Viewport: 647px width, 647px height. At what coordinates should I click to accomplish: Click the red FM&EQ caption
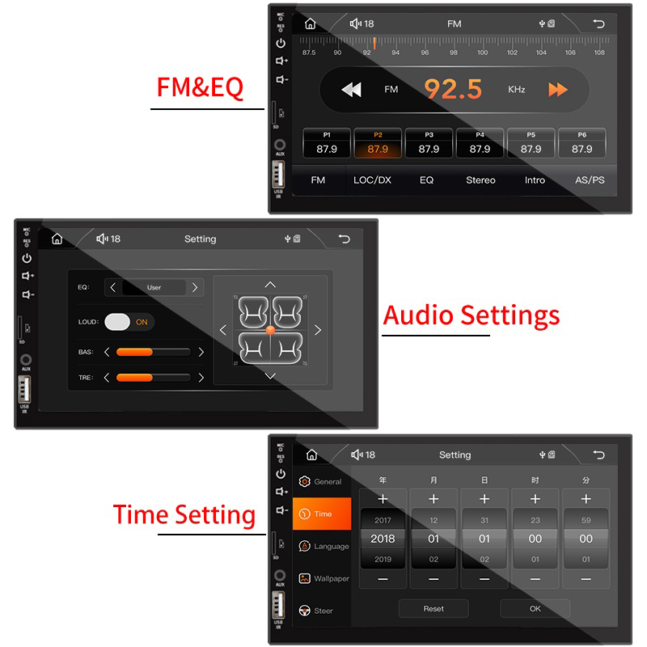pos(200,87)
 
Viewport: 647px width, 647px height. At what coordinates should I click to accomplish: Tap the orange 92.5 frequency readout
pos(453,89)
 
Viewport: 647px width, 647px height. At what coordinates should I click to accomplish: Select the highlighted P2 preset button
pos(378,143)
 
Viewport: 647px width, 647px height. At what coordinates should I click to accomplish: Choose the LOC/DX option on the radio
pos(372,180)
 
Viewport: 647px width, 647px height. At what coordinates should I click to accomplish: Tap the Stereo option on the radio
pos(480,180)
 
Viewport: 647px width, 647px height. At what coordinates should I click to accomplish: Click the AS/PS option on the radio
pos(590,180)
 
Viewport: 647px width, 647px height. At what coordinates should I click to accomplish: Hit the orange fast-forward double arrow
pos(558,90)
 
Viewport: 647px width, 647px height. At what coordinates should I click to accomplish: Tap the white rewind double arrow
pos(351,90)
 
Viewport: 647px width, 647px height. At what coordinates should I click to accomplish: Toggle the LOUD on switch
pos(129,321)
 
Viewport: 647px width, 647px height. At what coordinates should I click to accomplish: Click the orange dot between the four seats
pos(270,330)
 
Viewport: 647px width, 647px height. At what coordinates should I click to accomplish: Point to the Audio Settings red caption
pos(471,315)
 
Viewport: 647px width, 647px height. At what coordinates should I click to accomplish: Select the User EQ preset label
pos(154,287)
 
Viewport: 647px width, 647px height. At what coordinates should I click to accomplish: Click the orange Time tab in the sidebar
pos(322,514)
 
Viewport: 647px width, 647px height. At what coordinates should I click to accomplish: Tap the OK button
pos(535,608)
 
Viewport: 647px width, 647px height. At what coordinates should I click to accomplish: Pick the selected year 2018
pos(383,539)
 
